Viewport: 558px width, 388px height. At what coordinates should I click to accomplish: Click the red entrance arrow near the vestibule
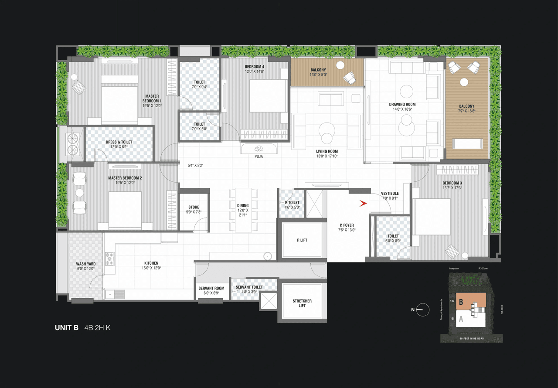pos(363,203)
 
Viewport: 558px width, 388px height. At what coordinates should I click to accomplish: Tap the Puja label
pos(259,156)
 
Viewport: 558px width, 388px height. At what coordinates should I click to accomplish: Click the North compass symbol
pos(422,310)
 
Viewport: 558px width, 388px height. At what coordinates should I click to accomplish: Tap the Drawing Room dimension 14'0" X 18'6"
pos(402,109)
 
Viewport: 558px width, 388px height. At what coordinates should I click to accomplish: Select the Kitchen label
pos(151,263)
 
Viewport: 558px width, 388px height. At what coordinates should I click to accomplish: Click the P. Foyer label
pos(347,225)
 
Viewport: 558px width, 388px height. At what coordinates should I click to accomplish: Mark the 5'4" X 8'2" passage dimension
pos(196,165)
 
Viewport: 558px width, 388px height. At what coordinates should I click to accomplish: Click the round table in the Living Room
pos(326,129)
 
